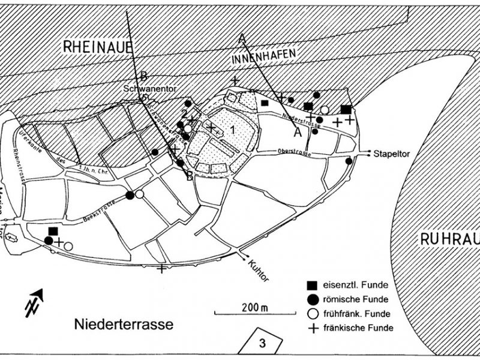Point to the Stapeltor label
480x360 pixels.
coord(391,153)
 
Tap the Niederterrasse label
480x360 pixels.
coord(124,325)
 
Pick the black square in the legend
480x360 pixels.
coord(311,284)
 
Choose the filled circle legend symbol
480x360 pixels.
coord(311,299)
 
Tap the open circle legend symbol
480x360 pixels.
coord(311,313)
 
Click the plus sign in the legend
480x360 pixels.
coord(311,328)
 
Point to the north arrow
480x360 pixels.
coord(37,301)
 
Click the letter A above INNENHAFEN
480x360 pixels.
coord(242,38)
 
